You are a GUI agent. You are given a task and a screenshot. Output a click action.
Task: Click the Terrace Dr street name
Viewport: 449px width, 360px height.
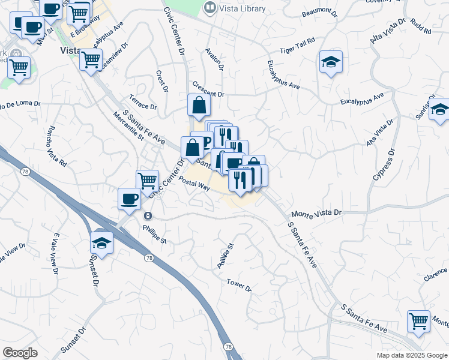pos(142,102)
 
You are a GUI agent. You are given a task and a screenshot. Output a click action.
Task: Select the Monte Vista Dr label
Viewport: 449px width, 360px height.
pos(316,213)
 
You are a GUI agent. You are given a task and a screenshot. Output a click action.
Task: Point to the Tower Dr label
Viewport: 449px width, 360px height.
pos(239,284)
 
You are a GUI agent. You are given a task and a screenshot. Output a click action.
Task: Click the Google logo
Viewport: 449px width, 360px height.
pos(20,353)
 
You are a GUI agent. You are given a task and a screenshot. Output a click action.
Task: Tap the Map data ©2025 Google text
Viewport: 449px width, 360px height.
pos(412,355)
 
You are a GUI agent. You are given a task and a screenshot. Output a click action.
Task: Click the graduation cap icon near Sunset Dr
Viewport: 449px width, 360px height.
pos(103,243)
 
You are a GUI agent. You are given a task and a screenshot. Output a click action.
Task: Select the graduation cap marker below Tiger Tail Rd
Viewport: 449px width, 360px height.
pos(331,62)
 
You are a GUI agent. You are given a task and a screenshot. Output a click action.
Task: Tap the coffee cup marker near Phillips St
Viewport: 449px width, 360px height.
pos(129,199)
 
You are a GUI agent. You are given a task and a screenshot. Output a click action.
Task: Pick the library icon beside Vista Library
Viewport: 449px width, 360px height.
pos(209,7)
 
